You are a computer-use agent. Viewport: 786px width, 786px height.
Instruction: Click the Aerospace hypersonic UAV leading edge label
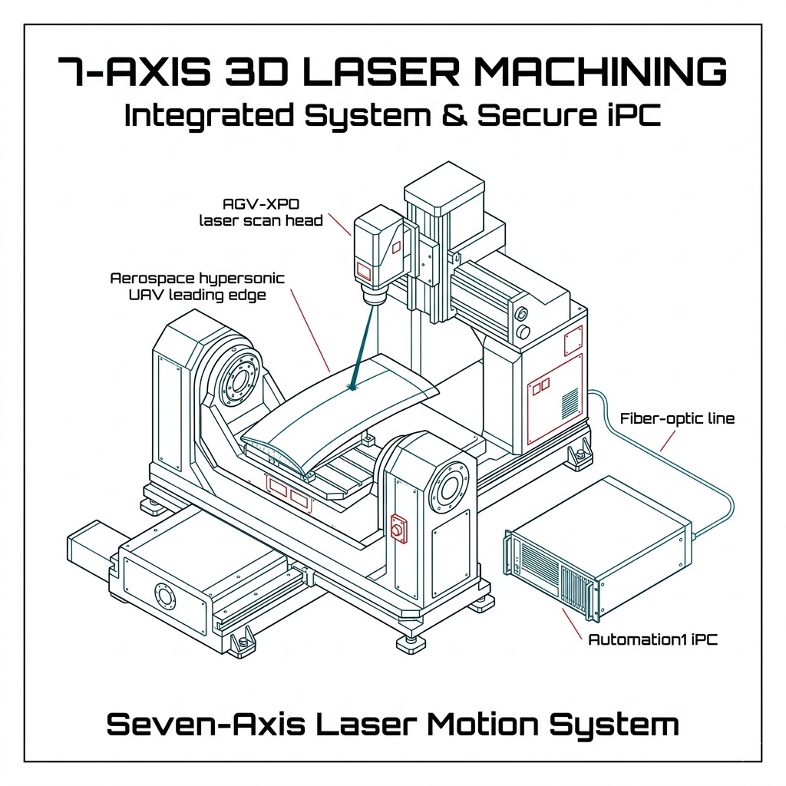pyautogui.click(x=198, y=286)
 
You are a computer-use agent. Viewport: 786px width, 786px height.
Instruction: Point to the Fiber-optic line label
pyautogui.click(x=677, y=419)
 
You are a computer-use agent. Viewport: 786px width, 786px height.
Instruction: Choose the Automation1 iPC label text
pyautogui.click(x=652, y=639)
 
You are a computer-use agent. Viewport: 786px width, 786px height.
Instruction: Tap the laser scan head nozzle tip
pyautogui.click(x=374, y=300)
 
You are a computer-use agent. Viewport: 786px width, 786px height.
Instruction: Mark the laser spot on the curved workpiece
pyautogui.click(x=353, y=388)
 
